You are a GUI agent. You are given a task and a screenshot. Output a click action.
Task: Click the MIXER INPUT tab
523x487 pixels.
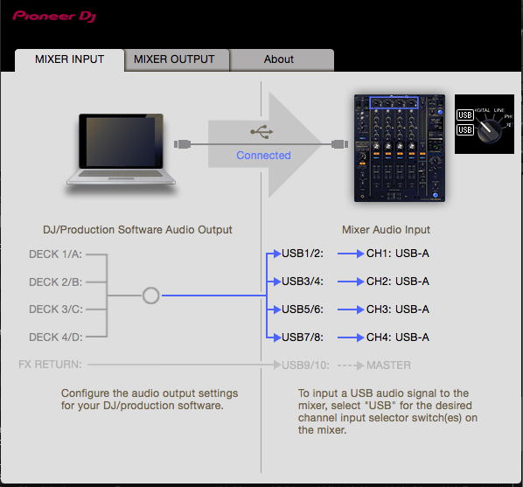[69, 60]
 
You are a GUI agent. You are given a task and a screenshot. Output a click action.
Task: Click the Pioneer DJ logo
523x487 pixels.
[54, 16]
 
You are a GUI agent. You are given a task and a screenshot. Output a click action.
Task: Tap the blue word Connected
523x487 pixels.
[263, 156]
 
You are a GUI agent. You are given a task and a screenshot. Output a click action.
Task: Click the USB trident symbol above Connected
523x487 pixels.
[261, 132]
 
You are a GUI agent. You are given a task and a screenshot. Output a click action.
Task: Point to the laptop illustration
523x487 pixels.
[121, 150]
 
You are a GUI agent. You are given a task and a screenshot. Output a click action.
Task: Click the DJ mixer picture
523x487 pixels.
[400, 148]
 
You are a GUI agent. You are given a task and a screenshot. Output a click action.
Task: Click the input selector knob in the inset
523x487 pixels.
[489, 131]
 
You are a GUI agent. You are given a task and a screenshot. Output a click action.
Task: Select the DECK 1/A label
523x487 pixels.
[55, 254]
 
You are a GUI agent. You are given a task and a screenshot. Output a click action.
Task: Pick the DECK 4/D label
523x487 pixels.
[56, 337]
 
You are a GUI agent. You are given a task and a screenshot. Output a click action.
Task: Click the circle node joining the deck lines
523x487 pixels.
[150, 296]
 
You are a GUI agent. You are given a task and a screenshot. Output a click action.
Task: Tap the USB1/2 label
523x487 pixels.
[303, 254]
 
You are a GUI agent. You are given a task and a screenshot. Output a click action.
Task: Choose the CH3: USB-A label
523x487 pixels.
[398, 310]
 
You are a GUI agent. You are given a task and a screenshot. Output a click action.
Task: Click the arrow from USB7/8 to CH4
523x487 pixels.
[351, 337]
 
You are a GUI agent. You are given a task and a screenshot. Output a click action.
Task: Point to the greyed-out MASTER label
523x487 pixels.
[388, 365]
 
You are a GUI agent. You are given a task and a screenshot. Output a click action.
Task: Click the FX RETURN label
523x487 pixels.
[50, 365]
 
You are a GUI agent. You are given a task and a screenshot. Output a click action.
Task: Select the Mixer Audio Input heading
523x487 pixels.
[386, 230]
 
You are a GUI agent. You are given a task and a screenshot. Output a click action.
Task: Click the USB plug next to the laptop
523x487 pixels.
[183, 144]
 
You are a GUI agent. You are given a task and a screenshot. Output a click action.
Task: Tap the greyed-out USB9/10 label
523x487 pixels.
[305, 365]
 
